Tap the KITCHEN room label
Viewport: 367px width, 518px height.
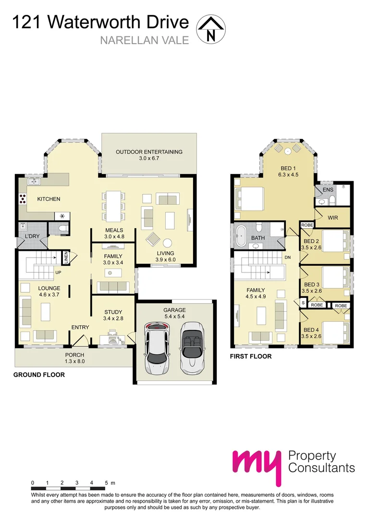[49, 199]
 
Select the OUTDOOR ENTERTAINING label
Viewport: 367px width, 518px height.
[149, 152]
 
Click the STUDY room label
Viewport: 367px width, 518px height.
[113, 312]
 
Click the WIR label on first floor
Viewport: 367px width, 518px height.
[333, 218]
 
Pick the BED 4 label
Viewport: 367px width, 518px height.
[311, 330]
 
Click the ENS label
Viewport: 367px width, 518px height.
[328, 190]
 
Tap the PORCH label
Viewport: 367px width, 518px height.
[75, 355]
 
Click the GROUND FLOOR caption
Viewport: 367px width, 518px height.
[39, 375]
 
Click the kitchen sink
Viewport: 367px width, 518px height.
[33, 182]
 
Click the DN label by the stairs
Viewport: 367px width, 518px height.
[288, 258]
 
